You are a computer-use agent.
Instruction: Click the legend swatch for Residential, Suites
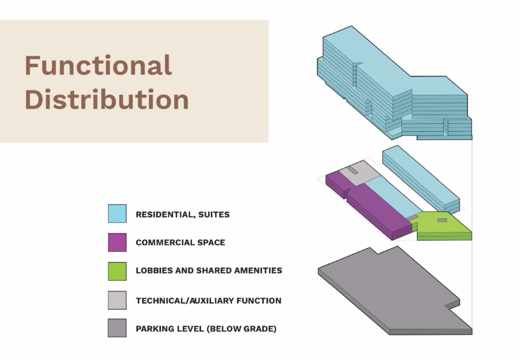point(117,213)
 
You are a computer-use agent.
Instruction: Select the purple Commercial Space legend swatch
point(117,242)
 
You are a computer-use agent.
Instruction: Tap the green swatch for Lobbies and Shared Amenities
point(117,271)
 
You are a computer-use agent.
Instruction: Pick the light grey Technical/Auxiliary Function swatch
point(117,300)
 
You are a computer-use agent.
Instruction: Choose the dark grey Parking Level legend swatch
point(117,328)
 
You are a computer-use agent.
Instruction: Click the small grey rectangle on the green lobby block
point(442,220)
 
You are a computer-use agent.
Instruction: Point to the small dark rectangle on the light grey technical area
point(353,170)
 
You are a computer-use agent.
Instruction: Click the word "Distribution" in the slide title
point(107,99)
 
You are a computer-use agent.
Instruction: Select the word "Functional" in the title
point(98,65)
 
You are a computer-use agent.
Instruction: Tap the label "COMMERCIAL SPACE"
point(180,243)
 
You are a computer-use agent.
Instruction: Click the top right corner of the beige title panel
point(268,20)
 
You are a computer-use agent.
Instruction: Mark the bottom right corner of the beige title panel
point(268,142)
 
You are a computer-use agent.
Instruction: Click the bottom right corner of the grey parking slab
point(472,334)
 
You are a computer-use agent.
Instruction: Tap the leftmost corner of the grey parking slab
point(318,269)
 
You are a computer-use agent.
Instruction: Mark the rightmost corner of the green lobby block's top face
point(472,232)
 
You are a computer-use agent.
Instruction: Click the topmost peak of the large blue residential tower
point(351,26)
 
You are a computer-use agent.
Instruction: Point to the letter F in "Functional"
point(32,65)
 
